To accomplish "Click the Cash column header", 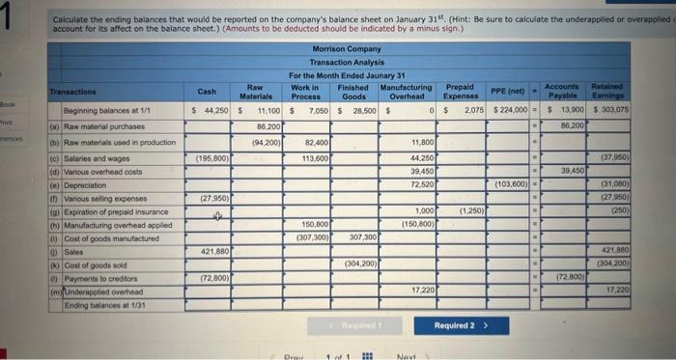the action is point(207,92).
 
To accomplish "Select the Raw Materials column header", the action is point(256,92).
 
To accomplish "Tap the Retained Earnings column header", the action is point(608,92).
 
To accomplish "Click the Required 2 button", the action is point(458,326).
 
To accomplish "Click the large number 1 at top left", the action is point(10,16).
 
